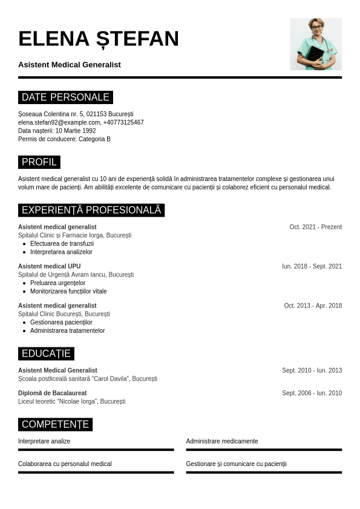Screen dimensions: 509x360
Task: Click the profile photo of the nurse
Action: pos(315,44)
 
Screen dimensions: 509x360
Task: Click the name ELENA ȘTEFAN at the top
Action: pos(99,38)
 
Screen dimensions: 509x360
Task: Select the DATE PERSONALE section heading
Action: pos(65,97)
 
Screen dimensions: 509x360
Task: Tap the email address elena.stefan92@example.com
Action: pos(59,122)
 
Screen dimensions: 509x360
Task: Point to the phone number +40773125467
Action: pos(123,122)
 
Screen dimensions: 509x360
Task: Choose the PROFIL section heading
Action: pos(39,162)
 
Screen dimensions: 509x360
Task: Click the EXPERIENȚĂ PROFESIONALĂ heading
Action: pos(91,210)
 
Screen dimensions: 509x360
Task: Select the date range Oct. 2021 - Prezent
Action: pos(315,227)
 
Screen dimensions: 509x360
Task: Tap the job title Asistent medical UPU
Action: pos(49,266)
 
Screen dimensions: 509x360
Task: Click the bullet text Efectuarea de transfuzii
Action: pos(57,243)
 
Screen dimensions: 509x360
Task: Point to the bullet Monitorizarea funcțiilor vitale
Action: pos(68,291)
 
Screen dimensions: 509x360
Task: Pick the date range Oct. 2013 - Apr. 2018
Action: pos(313,306)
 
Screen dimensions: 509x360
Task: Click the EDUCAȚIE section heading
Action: pos(46,353)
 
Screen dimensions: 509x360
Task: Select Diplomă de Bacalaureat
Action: pos(52,393)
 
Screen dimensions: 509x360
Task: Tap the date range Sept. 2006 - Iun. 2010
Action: pos(312,393)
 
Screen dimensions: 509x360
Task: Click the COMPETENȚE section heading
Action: pos(55,424)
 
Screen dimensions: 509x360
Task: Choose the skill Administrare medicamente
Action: pos(222,441)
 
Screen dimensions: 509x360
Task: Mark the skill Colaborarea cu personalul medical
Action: pos(65,464)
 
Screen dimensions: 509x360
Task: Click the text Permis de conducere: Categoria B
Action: pos(64,139)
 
